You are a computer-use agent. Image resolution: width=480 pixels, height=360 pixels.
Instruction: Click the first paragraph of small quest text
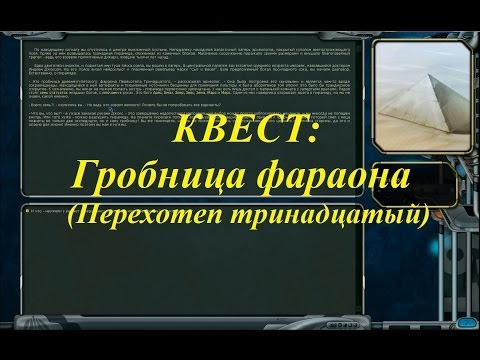(x=190, y=55)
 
